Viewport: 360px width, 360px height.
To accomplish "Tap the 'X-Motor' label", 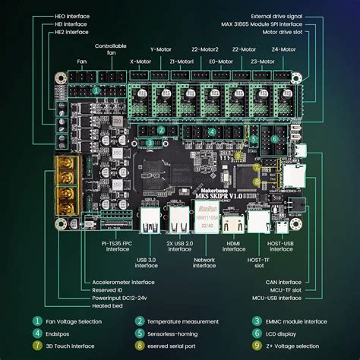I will pos(141,62).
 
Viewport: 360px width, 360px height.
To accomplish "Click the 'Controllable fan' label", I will pos(111,50).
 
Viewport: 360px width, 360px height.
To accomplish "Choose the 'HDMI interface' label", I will pos(234,245).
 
